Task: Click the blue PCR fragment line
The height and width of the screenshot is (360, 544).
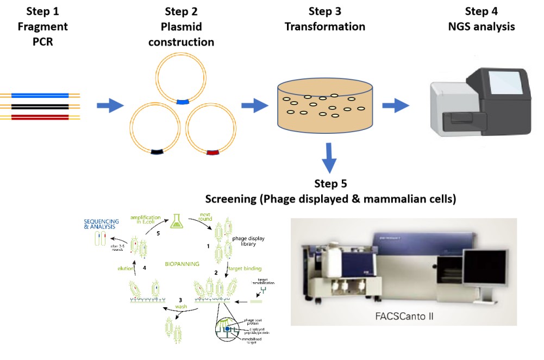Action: pos(41,96)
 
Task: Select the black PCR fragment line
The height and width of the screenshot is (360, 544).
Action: pos(41,106)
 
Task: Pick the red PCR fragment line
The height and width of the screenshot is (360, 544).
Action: pos(41,116)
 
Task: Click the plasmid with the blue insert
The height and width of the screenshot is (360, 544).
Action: pos(180,80)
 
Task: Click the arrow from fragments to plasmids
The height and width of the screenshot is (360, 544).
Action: pos(110,105)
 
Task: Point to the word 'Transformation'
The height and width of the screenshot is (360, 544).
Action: pos(325,27)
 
